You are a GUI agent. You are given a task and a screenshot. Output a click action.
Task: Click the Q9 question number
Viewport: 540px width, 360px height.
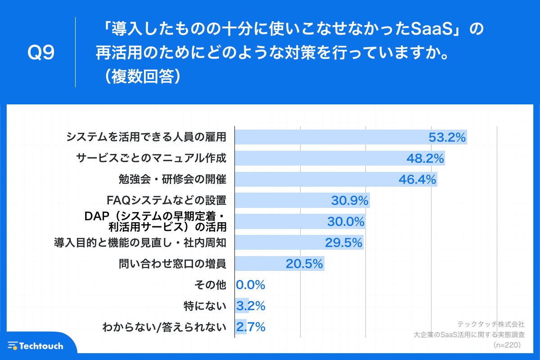point(41,53)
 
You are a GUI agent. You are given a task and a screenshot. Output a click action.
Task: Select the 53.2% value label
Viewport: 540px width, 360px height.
point(446,137)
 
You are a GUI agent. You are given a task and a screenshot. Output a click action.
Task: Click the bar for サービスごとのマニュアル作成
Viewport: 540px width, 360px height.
point(315,158)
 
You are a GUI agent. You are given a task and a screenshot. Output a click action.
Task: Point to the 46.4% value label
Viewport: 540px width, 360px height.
point(417,180)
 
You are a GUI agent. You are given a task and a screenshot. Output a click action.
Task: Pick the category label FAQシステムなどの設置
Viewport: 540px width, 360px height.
point(166,200)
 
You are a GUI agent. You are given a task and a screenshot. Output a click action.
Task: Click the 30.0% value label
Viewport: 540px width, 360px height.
point(345,221)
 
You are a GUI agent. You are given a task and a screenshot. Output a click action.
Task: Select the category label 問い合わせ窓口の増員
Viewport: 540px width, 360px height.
point(172,264)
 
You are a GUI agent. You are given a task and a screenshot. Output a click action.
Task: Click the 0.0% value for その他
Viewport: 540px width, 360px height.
point(250,285)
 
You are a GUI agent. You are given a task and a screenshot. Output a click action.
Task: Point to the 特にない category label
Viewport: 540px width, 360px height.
point(205,306)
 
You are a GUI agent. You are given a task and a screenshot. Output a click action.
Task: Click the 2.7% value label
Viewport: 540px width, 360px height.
point(250,327)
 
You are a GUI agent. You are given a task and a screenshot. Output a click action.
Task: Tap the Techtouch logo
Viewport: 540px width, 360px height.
point(36,346)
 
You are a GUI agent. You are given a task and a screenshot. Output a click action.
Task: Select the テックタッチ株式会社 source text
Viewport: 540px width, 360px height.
point(490,324)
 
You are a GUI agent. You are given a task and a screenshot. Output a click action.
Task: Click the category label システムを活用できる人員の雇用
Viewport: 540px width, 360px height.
point(146,137)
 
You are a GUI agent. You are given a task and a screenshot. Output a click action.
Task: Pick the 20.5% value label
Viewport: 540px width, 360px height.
point(304,264)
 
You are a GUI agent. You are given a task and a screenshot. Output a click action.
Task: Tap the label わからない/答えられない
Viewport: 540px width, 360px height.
point(164,327)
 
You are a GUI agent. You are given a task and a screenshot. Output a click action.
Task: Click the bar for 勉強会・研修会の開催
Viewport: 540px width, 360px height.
point(315,180)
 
